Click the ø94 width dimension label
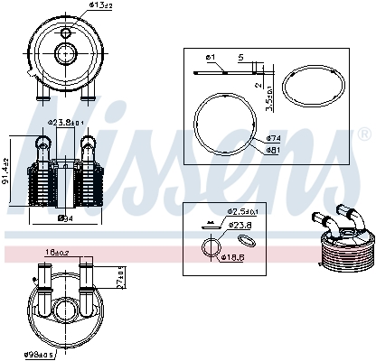(65, 218)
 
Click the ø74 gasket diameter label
(273, 138)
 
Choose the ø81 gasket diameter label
(273, 149)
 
